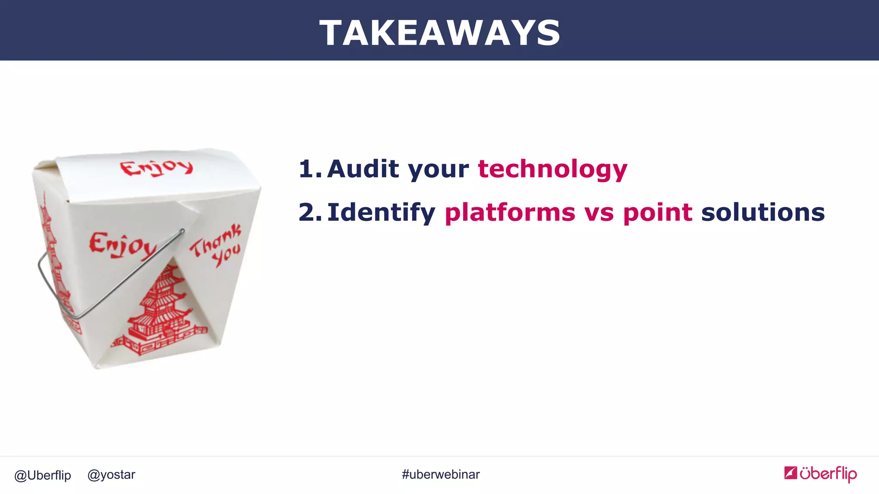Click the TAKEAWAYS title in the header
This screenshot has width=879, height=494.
[439, 33]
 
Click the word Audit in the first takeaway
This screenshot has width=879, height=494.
[363, 169]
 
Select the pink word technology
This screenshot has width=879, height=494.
[552, 169]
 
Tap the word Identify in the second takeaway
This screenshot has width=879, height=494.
[381, 213]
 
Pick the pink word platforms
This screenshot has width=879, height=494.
[509, 213]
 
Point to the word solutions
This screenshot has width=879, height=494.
[763, 212]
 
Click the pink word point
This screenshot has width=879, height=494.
[658, 213]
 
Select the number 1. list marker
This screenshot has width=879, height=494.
[309, 169]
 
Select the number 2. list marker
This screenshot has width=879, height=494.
[309, 212]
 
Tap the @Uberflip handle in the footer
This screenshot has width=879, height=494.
[42, 475]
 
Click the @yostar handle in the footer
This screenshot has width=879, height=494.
[111, 475]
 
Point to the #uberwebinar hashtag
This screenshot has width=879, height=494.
[440, 474]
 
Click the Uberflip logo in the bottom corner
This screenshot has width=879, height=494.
[820, 474]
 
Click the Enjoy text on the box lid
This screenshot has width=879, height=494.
[156, 168]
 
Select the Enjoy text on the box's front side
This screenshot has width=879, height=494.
[121, 245]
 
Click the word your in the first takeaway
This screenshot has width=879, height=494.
[438, 169]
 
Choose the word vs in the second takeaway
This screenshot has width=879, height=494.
[599, 213]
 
